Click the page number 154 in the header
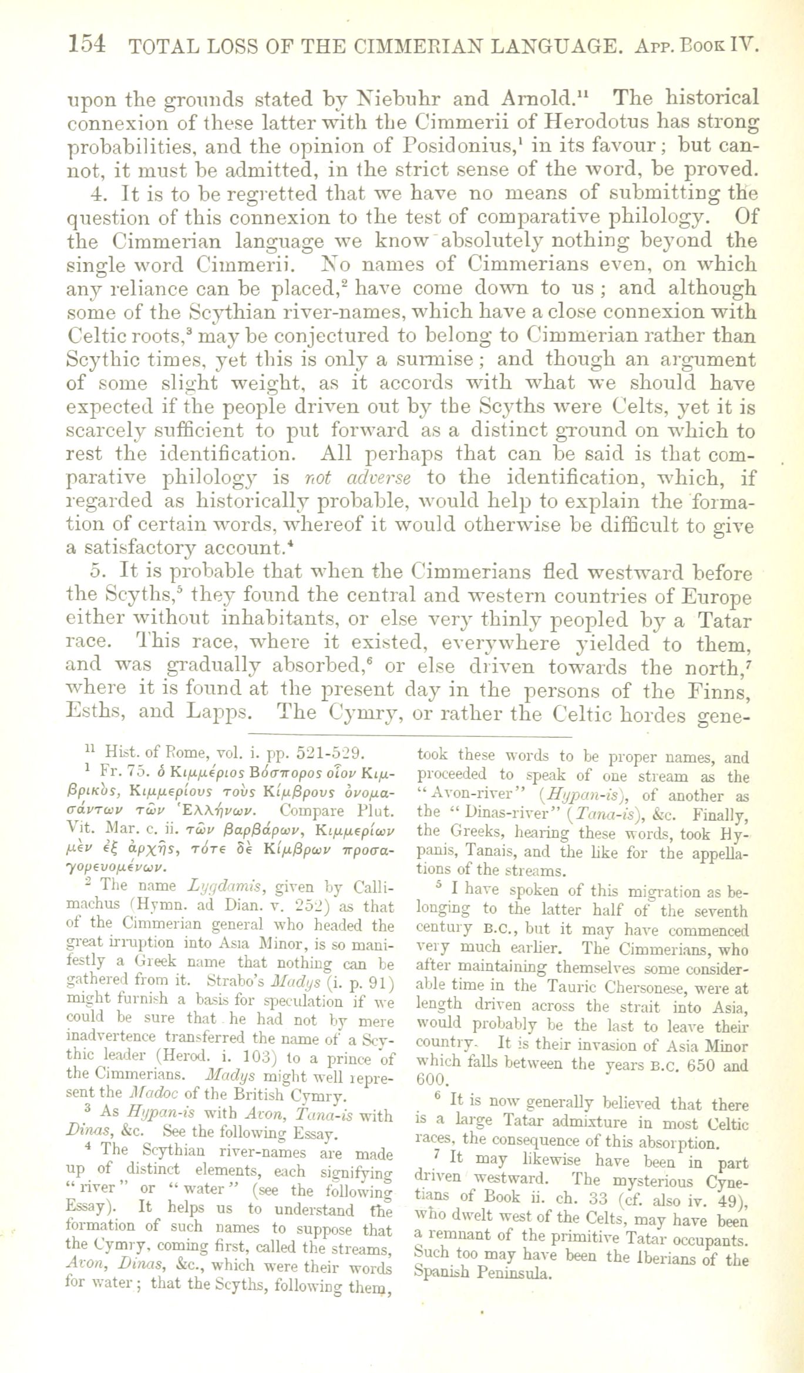point(86,44)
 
